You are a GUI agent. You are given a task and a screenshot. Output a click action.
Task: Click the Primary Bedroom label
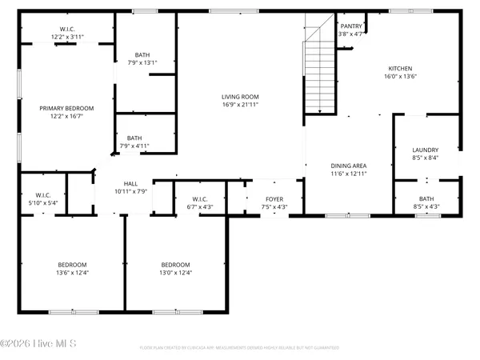point(67,108)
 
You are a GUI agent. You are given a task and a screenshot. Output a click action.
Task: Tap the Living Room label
point(241,97)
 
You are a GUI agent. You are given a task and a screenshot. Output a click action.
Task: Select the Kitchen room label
point(400,68)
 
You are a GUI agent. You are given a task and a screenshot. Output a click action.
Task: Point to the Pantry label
point(351,26)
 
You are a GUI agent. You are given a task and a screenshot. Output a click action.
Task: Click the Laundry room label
point(425,150)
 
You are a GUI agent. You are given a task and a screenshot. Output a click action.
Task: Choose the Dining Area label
point(349,166)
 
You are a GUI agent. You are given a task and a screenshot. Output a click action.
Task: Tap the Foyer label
point(275,198)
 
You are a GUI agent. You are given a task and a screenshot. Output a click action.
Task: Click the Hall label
point(130,183)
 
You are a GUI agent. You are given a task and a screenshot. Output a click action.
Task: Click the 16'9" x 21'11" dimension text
point(241,106)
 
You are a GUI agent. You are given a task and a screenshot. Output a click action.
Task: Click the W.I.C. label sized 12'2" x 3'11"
point(67,38)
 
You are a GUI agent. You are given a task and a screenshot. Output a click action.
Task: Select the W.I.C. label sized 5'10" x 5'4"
point(43,203)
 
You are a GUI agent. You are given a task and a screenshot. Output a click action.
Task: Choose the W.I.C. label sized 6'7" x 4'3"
point(200,207)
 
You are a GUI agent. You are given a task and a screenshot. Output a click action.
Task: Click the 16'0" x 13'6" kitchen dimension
point(400,76)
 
